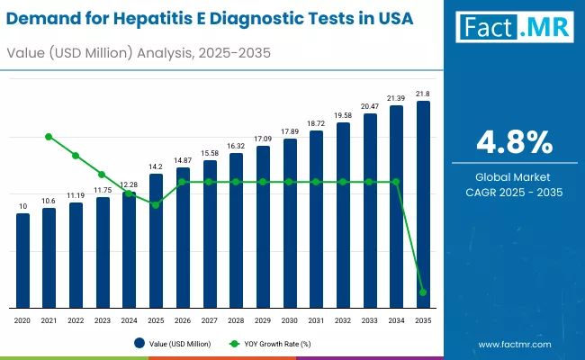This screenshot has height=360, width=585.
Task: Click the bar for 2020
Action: [x=22, y=261]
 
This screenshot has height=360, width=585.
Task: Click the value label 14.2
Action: [x=156, y=166]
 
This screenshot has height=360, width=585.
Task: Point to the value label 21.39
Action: [x=396, y=97]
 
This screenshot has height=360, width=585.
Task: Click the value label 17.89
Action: [x=289, y=131]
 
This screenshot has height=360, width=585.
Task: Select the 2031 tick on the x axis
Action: [x=316, y=320]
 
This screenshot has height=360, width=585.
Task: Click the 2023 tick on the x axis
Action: [x=102, y=320]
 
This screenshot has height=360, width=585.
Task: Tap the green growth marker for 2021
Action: [x=49, y=137]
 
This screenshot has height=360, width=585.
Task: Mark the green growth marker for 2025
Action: [x=156, y=205]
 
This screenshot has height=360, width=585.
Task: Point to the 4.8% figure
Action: [x=515, y=142]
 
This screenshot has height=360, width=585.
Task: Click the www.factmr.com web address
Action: [x=514, y=344]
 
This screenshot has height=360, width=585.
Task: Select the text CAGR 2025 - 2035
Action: [x=515, y=192]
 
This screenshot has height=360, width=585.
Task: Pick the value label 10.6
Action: [x=49, y=201]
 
